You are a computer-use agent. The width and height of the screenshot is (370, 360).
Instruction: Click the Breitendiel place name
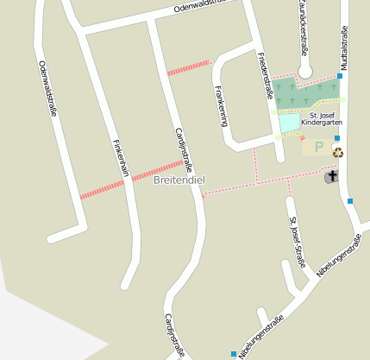[x=179, y=180]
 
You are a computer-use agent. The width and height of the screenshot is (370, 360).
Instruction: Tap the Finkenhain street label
[x=121, y=158]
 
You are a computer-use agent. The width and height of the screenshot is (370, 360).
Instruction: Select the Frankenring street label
[x=221, y=104]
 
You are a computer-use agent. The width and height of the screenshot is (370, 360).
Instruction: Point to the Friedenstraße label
[x=264, y=73]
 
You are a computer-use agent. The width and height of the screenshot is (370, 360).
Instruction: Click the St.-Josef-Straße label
[x=298, y=242]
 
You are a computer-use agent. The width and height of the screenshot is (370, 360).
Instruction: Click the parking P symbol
[x=318, y=148]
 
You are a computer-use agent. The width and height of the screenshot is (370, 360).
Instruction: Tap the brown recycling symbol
[x=338, y=153]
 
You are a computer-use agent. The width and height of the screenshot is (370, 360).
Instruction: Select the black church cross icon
[x=332, y=176]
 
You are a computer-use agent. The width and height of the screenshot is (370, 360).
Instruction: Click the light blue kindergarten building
[x=289, y=123]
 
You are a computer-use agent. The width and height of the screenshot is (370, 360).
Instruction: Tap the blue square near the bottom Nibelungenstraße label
[x=234, y=354]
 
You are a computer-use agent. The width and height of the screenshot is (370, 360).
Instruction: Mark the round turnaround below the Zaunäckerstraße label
[x=304, y=70]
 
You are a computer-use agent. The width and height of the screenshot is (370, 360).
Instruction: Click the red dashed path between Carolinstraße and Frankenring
[x=189, y=67]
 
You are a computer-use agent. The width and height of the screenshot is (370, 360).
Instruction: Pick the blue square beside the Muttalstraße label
[x=340, y=76]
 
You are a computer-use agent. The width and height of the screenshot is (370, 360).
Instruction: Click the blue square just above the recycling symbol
[x=336, y=138]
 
